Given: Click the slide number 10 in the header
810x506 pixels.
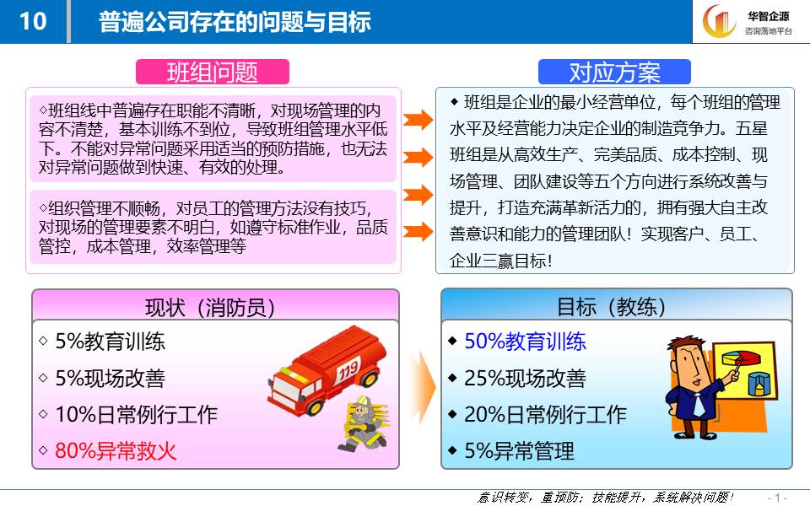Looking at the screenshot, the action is [x=33, y=22].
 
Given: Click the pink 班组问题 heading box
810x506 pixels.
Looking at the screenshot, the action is [x=213, y=72].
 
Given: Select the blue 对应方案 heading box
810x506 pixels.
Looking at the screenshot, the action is [x=614, y=72].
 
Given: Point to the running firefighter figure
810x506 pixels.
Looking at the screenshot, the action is [x=363, y=424].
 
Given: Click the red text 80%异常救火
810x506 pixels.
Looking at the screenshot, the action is [x=116, y=450].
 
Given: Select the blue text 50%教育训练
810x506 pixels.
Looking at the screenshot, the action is [x=525, y=342].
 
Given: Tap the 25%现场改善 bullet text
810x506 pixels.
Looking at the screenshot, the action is [x=525, y=378].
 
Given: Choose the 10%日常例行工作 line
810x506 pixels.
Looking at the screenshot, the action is [x=137, y=415].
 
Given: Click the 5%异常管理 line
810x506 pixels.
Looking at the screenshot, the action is [x=519, y=450].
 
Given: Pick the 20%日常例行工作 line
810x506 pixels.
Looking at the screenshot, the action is [x=546, y=415].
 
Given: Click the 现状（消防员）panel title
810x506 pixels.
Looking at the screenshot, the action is [x=210, y=308].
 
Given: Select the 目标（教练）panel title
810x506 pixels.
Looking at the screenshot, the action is [x=611, y=307].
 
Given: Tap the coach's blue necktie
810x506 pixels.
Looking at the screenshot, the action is [x=698, y=404].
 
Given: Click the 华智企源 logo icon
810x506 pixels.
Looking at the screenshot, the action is [x=719, y=22].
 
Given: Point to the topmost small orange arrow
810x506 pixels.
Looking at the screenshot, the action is [x=418, y=120].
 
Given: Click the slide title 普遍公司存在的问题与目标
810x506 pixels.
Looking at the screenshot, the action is [x=235, y=22].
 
